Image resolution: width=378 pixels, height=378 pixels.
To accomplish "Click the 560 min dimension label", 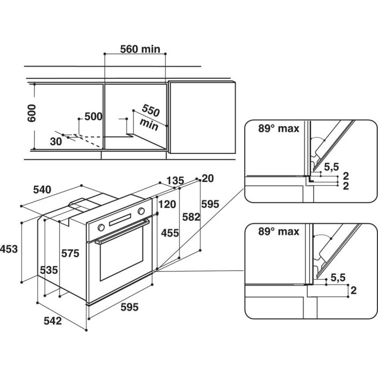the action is (x=140, y=49).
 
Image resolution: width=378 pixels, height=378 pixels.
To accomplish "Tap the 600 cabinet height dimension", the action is (x=31, y=113).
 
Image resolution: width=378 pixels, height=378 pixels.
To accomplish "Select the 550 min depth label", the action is (x=150, y=117).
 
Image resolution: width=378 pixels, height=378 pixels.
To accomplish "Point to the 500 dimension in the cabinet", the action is (x=93, y=117).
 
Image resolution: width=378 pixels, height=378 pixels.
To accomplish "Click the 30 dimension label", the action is (x=56, y=141).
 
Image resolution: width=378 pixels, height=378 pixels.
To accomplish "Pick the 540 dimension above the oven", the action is (x=42, y=190).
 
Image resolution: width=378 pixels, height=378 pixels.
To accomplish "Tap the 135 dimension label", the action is (x=175, y=180).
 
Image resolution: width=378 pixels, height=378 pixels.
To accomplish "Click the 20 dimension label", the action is (x=208, y=178).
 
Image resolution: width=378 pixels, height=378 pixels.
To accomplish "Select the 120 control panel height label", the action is (x=167, y=205).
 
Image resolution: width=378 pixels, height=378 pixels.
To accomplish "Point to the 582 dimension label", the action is (x=191, y=217).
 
